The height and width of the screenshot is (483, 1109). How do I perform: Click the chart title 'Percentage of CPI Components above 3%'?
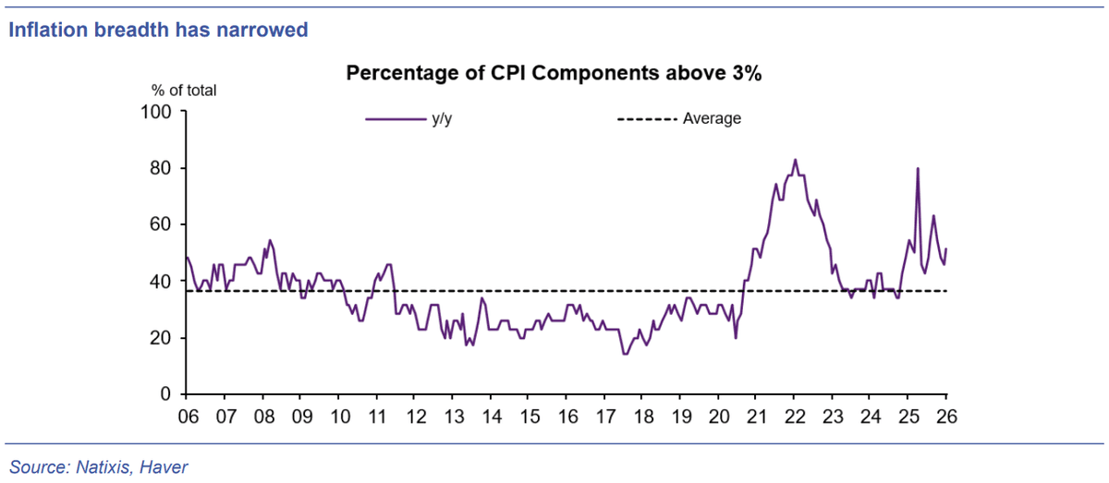coord(554,73)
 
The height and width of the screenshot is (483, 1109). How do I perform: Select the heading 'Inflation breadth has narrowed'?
coord(158,30)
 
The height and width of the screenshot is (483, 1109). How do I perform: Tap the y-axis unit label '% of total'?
coord(184,91)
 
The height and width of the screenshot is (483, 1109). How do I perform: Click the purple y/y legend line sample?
coord(396,119)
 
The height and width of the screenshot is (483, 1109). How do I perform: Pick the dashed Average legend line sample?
coord(647,119)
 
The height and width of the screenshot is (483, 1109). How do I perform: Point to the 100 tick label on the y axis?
coord(156,112)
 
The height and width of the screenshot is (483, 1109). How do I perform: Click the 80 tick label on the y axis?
coord(161,168)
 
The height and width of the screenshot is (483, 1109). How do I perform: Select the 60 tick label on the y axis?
coord(161,224)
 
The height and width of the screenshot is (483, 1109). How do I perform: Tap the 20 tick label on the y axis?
coord(161,338)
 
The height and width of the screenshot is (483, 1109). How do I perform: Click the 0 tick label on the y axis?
coord(165,394)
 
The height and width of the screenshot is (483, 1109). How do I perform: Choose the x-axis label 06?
coord(189,417)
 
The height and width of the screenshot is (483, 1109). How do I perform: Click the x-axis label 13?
coord(454,417)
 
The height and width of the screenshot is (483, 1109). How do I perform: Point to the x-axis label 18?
coord(643,417)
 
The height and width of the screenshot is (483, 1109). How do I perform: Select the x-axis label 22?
coord(795,417)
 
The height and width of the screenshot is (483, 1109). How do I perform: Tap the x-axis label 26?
coord(946,417)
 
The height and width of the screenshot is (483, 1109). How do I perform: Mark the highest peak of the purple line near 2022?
coord(795,160)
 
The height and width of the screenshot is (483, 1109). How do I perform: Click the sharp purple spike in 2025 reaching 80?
coord(918,168)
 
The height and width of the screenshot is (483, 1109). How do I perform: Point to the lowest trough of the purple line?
coord(625,354)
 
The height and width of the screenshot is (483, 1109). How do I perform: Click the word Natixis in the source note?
coord(103,467)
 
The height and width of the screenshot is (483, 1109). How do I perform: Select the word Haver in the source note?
coord(164,467)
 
